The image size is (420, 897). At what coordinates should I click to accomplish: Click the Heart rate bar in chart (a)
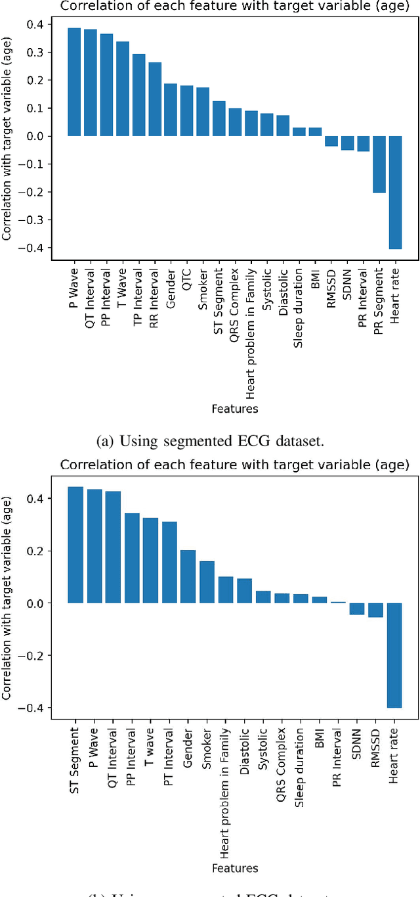pyautogui.click(x=395, y=192)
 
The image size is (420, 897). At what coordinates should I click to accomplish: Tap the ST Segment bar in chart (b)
pyautogui.click(x=76, y=545)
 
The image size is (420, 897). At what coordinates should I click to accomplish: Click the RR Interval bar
pyautogui.click(x=155, y=99)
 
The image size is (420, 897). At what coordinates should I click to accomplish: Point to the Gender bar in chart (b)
pyautogui.click(x=188, y=576)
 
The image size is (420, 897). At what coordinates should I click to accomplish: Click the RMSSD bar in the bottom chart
pyautogui.click(x=375, y=610)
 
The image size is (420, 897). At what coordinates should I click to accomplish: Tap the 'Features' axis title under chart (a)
pyautogui.click(x=234, y=409)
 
